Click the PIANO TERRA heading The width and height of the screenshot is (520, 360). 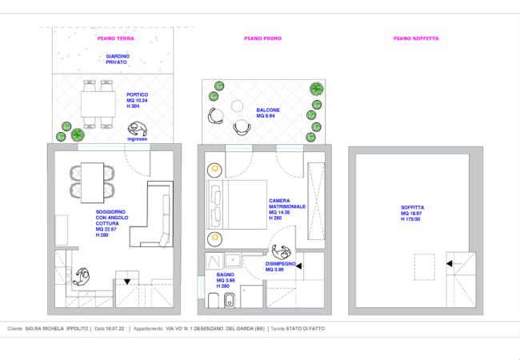point(115,38)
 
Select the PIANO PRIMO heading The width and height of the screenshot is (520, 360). point(262,38)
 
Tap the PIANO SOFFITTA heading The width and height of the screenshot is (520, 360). point(416,38)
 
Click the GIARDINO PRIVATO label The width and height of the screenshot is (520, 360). point(118,59)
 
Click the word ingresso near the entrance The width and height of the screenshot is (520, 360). point(137,138)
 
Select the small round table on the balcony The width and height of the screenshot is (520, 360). point(238,106)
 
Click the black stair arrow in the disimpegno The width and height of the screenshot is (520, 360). point(299,267)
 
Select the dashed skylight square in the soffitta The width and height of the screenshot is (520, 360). point(424,266)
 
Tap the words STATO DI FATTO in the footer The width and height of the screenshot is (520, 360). point(306,329)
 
